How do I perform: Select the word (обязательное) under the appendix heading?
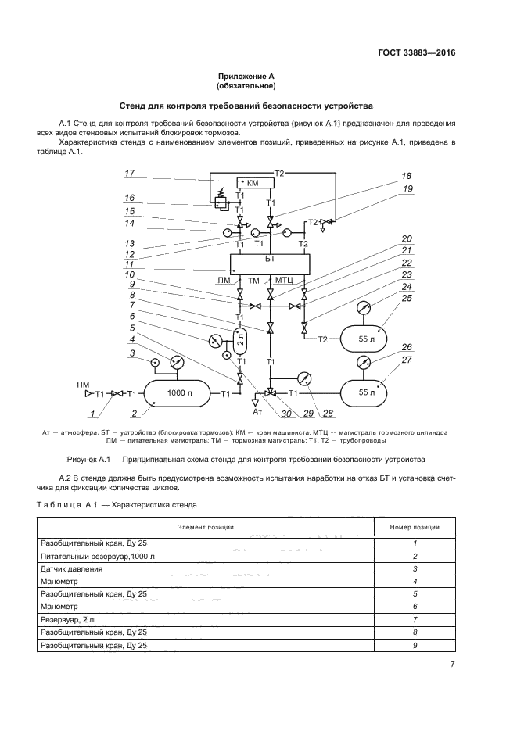[x=246, y=86]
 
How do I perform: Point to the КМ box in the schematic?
[x=251, y=183]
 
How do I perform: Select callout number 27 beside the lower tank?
[x=406, y=360]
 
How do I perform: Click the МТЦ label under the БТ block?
[x=283, y=280]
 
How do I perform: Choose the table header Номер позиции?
[x=415, y=527]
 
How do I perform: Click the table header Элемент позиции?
[x=206, y=527]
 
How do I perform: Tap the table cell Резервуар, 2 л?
[x=66, y=620]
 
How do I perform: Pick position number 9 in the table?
[x=415, y=646]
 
